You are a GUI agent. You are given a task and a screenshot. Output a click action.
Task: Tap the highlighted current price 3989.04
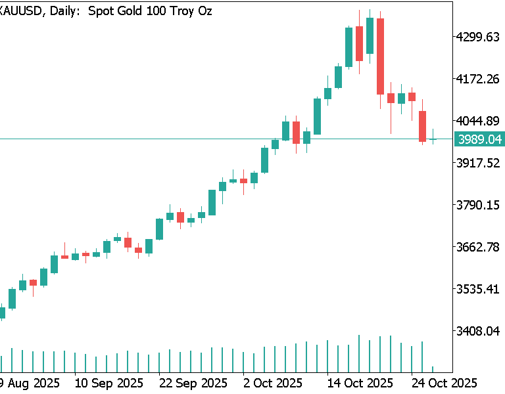click(x=479, y=139)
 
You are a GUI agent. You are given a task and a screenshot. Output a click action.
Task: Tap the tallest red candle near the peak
click(x=380, y=56)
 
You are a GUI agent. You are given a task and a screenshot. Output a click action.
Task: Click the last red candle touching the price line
click(x=422, y=126)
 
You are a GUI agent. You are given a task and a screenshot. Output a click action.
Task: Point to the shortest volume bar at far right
click(x=433, y=369)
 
